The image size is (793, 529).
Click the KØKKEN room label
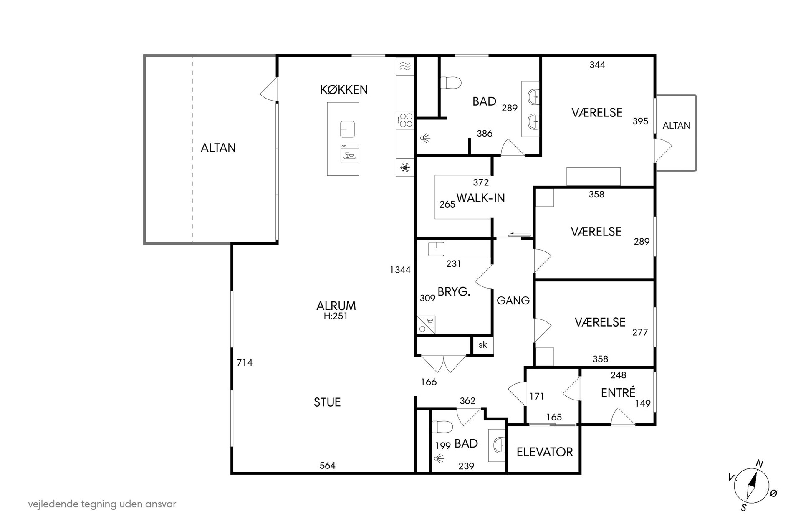pos(344,89)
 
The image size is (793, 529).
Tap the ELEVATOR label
pos(545,452)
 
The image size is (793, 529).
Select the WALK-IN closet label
pos(481,198)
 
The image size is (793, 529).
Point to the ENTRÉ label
pos(618,392)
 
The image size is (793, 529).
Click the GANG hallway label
pos(513,300)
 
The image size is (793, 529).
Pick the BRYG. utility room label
pos(454,292)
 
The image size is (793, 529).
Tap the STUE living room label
pos(327,402)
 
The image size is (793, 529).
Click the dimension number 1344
pos(400,270)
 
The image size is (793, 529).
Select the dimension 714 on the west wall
pos(245,363)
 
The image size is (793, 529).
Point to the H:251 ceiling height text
pos(336,316)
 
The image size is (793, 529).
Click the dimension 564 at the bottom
pos(328,466)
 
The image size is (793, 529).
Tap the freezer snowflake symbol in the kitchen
pos(405,168)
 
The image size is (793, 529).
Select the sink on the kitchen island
pos(347,129)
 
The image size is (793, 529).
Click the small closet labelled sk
pos(482,345)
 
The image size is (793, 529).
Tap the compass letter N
pos(760,463)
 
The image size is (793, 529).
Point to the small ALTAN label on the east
pos(676,126)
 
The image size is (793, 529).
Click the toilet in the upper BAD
pos(451,82)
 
